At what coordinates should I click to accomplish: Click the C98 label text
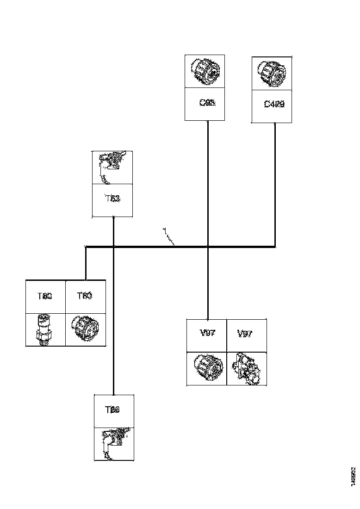click(207, 103)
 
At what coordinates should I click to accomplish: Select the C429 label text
click(274, 104)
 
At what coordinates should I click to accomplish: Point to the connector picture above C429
click(272, 73)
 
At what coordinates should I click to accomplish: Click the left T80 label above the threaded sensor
click(45, 296)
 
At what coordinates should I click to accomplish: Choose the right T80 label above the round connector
click(84, 296)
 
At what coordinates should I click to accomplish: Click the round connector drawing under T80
click(85, 329)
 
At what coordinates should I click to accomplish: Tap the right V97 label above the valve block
click(245, 334)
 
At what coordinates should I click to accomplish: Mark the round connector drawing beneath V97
click(206, 368)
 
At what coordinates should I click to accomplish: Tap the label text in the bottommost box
click(112, 410)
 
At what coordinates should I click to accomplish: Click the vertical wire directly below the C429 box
click(275, 185)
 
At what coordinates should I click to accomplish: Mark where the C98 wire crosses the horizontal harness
click(207, 247)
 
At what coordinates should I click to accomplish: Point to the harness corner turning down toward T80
click(86, 247)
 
